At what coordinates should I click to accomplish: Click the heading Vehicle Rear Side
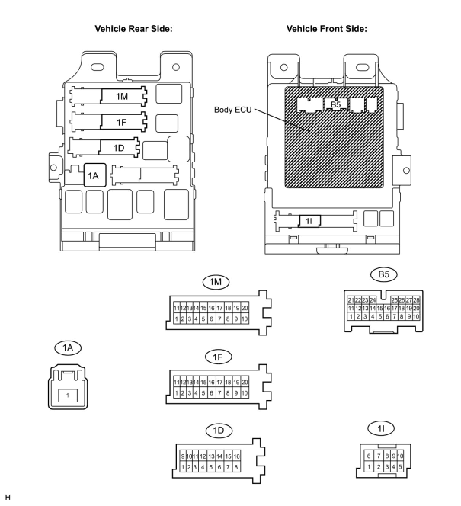(133, 29)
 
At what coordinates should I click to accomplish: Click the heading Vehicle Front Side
(327, 29)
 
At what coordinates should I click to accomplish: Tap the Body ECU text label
(233, 110)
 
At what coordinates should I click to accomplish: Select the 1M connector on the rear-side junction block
(122, 96)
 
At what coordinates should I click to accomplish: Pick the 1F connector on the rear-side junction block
(122, 122)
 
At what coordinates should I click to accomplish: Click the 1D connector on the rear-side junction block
(119, 148)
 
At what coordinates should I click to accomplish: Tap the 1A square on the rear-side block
(94, 175)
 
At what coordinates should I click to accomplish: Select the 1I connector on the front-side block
(309, 221)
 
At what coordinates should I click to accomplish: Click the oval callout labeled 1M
(216, 282)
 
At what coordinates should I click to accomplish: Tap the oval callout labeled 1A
(68, 347)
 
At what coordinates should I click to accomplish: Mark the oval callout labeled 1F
(218, 357)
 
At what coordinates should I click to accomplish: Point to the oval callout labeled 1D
(219, 431)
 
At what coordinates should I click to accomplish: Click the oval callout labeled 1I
(381, 429)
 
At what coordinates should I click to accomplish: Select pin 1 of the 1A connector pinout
(68, 395)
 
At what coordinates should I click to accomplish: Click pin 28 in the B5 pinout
(416, 300)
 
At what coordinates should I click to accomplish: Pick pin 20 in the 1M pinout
(245, 308)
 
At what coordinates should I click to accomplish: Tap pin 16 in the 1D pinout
(236, 456)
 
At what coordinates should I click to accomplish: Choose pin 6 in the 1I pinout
(369, 456)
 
